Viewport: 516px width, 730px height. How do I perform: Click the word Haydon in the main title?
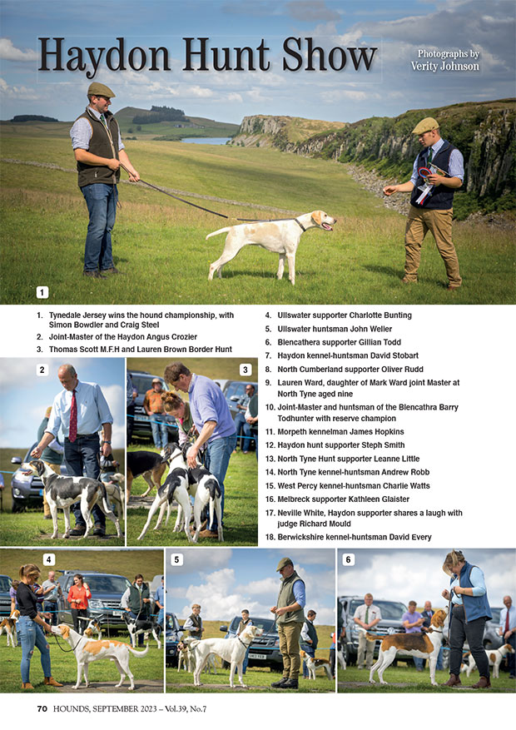click(x=104, y=57)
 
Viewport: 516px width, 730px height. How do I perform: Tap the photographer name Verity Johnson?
click(x=444, y=66)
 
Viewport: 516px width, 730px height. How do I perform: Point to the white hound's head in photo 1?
click(x=322, y=219)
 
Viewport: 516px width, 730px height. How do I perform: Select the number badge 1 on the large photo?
click(x=42, y=292)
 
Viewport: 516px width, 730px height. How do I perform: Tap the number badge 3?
click(x=246, y=370)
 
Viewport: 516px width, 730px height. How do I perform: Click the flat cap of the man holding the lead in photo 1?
click(x=101, y=89)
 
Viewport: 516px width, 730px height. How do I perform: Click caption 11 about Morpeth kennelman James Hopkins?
click(x=335, y=431)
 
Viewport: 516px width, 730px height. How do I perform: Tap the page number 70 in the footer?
click(x=42, y=708)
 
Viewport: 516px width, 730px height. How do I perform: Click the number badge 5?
click(x=176, y=559)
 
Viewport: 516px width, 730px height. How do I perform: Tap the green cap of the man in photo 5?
click(x=283, y=564)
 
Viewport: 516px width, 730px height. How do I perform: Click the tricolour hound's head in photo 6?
click(x=439, y=618)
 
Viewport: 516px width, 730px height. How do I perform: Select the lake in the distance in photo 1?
click(x=206, y=140)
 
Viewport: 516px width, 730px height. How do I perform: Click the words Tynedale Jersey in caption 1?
click(x=77, y=315)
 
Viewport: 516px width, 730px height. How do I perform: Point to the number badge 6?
click(x=349, y=559)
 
